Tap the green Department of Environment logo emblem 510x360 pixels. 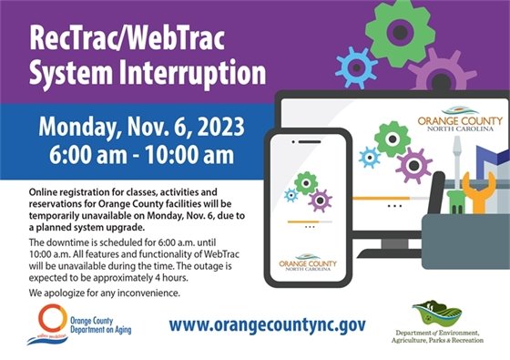[436, 314]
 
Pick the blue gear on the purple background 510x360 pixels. [356, 67]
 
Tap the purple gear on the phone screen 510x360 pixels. [320, 200]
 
